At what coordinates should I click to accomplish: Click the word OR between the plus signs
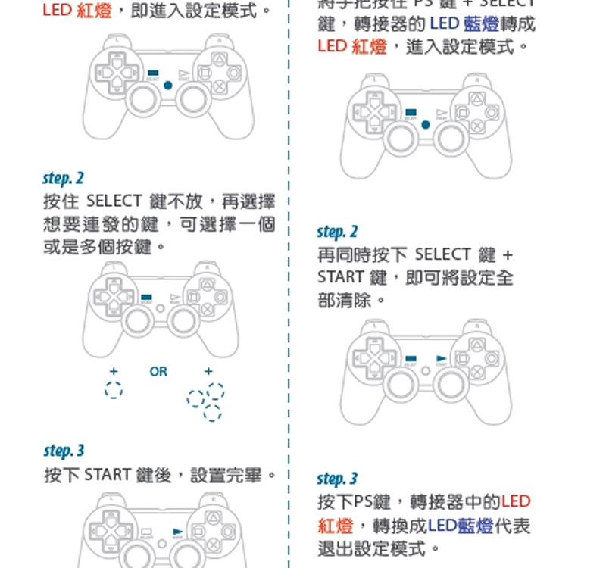click(158, 372)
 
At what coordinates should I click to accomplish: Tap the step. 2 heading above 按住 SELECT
click(64, 179)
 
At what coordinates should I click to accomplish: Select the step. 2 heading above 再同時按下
click(337, 232)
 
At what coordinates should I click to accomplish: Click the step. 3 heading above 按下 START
click(64, 451)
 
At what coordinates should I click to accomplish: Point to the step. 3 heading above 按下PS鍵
click(337, 479)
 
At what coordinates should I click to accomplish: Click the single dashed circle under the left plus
click(114, 390)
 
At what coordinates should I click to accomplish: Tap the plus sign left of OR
click(114, 372)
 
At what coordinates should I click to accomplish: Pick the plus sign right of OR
click(208, 372)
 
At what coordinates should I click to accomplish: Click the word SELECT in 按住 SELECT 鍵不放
click(114, 201)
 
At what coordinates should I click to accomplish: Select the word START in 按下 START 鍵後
click(108, 476)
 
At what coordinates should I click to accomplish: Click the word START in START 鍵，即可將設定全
click(339, 278)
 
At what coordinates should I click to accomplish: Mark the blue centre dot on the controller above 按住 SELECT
click(167, 85)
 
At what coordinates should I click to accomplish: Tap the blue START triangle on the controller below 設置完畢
click(178, 532)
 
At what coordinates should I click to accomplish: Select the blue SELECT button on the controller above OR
click(147, 297)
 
